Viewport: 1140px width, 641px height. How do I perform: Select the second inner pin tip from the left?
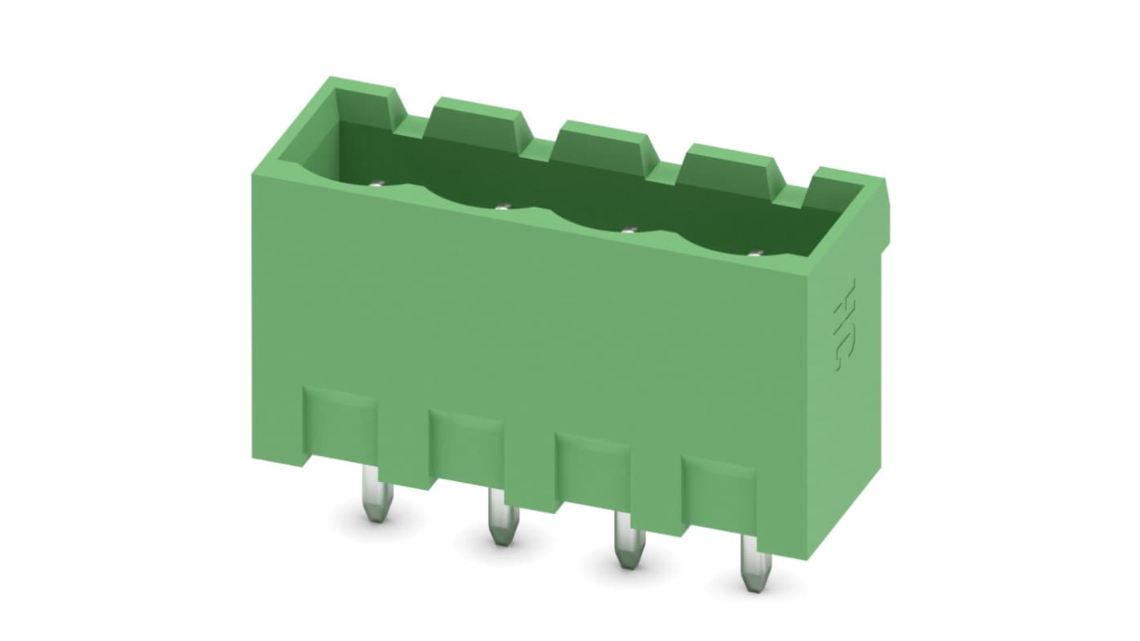(502, 207)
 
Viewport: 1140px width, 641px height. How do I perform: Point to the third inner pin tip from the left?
(628, 231)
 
